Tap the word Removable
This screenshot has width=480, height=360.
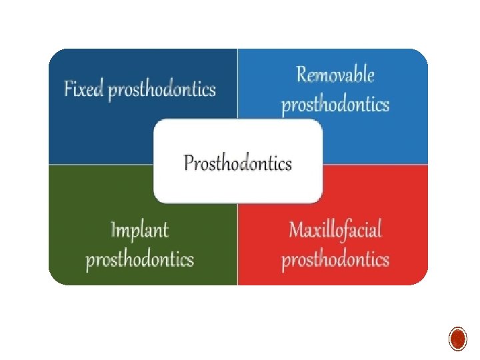tap(335, 75)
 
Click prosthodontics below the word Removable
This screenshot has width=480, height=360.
tap(335, 105)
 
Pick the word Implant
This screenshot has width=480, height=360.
tap(139, 231)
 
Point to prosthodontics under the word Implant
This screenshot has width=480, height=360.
tap(140, 259)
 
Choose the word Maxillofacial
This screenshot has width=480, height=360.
tap(335, 230)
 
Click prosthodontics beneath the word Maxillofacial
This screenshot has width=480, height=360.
tap(335, 259)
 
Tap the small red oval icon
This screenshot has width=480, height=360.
tap(457, 339)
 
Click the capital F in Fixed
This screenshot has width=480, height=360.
tap(68, 89)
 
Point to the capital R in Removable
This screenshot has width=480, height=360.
tap(301, 75)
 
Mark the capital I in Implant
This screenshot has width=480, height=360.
tap(114, 231)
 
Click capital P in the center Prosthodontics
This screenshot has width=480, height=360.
tap(188, 163)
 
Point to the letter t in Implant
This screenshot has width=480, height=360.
tap(165, 231)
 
